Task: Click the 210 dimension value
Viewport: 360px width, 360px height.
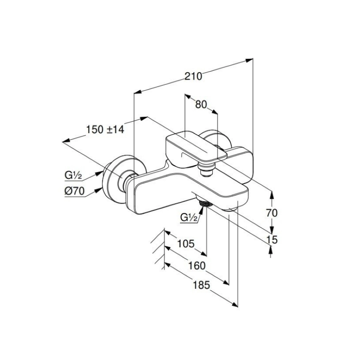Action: point(193,76)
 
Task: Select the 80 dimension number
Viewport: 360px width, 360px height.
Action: point(201,105)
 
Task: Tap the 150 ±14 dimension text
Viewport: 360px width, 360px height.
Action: point(105,130)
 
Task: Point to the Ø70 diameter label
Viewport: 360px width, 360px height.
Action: point(74,191)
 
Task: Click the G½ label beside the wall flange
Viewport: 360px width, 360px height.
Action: point(73,176)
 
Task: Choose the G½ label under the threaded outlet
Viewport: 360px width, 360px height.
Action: point(189,217)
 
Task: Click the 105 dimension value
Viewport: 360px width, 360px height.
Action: point(186,244)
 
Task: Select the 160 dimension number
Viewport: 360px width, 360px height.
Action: point(197,266)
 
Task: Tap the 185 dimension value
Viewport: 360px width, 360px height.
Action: point(201,285)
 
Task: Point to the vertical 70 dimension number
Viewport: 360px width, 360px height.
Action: point(272,213)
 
